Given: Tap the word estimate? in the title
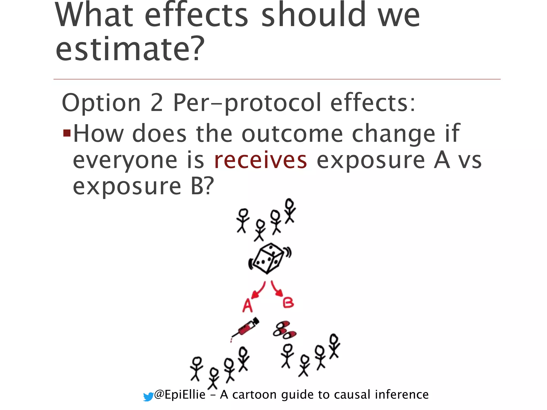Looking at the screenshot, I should [x=130, y=49].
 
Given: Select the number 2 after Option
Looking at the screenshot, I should [x=157, y=103].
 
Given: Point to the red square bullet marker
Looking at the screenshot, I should [x=67, y=133].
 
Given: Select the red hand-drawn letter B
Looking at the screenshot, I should [x=288, y=303].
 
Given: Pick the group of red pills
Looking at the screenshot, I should [x=284, y=330].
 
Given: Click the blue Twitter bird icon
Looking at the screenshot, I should [x=148, y=397].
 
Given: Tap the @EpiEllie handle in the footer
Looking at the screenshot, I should [x=180, y=395].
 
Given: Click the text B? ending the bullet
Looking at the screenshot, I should [x=202, y=186].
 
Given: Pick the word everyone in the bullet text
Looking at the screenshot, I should [x=125, y=161].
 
